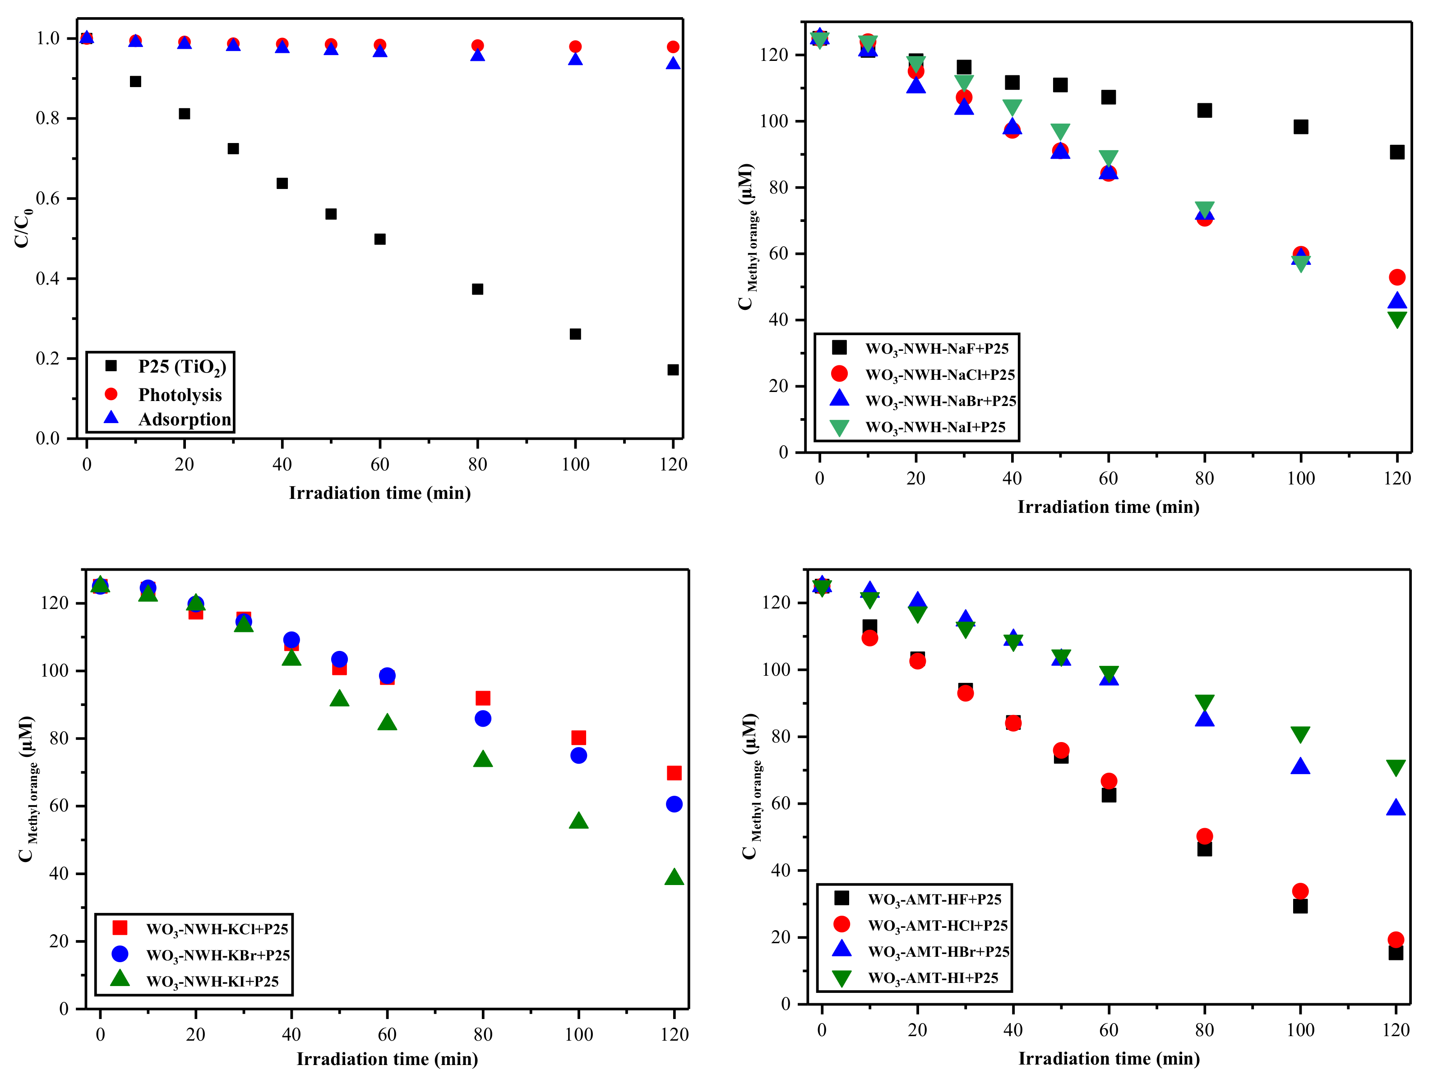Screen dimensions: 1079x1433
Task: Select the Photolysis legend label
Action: click(180, 395)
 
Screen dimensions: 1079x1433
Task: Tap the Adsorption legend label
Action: click(184, 420)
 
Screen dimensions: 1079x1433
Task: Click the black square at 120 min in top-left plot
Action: click(673, 370)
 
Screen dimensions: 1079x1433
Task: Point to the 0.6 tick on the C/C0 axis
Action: click(47, 198)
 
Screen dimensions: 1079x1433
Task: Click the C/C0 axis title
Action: click(23, 228)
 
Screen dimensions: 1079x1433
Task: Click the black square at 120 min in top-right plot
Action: click(1397, 152)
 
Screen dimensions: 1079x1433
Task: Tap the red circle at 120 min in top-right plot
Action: click(1397, 277)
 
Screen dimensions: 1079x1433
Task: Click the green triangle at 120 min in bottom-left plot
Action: click(674, 877)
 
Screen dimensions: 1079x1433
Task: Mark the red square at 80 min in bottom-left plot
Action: click(483, 698)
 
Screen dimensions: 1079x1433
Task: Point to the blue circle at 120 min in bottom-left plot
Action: click(674, 804)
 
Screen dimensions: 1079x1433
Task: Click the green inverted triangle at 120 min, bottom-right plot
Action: click(1396, 768)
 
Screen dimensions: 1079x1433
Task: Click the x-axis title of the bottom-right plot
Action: click(1109, 1058)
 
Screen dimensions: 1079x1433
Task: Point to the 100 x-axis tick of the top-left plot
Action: click(575, 464)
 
